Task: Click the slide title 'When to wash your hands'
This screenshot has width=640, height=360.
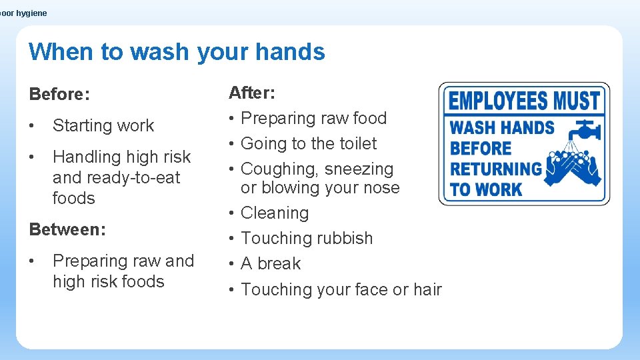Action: (177, 51)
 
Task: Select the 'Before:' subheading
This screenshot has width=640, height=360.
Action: (59, 94)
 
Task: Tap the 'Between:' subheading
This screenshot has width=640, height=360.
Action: (67, 229)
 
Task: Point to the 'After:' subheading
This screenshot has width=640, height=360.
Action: (252, 92)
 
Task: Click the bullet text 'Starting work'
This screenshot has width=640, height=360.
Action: (103, 125)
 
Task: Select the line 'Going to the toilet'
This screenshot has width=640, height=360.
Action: (309, 143)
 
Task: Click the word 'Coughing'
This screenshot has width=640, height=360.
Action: (279, 169)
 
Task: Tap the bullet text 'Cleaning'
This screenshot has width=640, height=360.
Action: (275, 213)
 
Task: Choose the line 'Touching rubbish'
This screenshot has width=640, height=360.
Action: (307, 238)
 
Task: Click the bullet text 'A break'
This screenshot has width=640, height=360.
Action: (271, 263)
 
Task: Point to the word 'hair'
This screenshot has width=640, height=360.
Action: (427, 289)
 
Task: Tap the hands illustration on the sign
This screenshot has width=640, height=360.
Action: (573, 167)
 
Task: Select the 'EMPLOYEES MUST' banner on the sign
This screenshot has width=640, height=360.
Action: (524, 101)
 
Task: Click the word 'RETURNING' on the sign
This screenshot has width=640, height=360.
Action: (496, 169)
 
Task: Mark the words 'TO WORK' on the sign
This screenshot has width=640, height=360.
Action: (485, 189)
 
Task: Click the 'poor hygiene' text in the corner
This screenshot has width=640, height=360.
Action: (24, 13)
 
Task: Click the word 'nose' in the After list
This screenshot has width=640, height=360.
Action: (381, 188)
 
